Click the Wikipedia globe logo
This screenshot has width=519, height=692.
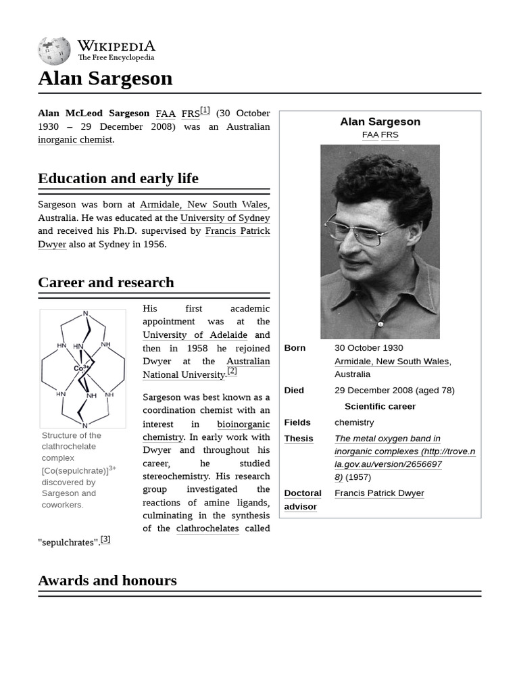pyautogui.click(x=54, y=51)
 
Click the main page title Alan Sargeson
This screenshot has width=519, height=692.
pyautogui.click(x=105, y=78)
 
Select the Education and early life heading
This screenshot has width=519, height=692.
pyautogui.click(x=118, y=178)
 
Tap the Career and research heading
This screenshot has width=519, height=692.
pyautogui.click(x=106, y=282)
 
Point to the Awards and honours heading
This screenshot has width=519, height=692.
pyautogui.click(x=107, y=580)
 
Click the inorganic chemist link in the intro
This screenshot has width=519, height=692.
pyautogui.click(x=75, y=140)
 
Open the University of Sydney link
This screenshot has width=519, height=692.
pyautogui.click(x=225, y=218)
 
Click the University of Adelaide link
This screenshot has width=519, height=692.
pyautogui.click(x=195, y=335)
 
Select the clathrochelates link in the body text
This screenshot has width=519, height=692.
pyautogui.click(x=207, y=528)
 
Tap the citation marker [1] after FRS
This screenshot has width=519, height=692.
pyautogui.click(x=205, y=111)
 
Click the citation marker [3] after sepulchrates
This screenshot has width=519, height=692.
pyautogui.click(x=105, y=539)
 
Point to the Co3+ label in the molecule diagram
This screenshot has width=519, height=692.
pyautogui.click(x=81, y=368)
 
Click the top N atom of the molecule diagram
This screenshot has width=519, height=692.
pyautogui.click(x=85, y=314)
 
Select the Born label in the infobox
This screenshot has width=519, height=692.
pyautogui.click(x=295, y=348)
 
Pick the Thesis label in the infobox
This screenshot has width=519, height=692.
pyautogui.click(x=299, y=439)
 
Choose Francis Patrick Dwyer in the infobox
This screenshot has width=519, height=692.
pyautogui.click(x=379, y=493)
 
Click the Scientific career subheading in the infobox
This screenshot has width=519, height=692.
pyautogui.click(x=380, y=407)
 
